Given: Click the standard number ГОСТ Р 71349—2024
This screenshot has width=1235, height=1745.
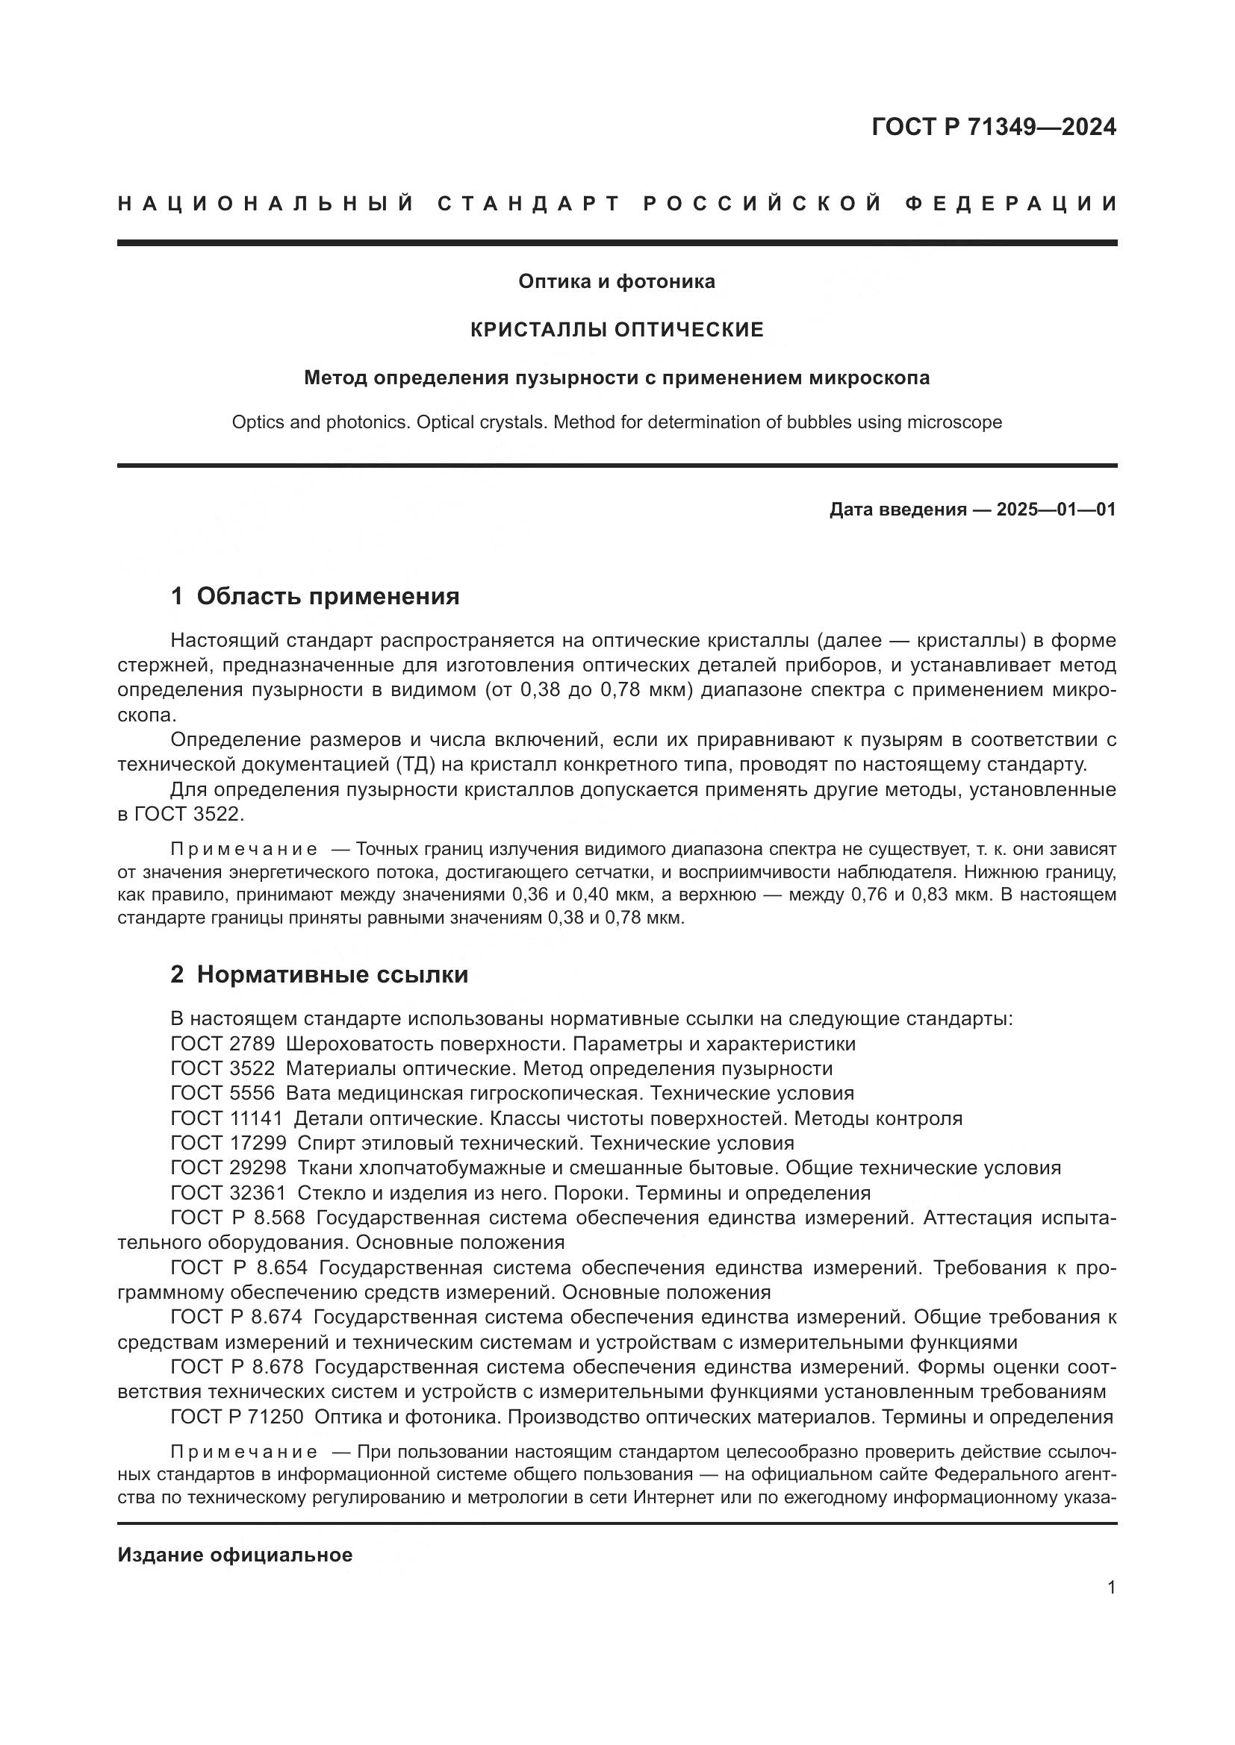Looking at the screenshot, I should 993,127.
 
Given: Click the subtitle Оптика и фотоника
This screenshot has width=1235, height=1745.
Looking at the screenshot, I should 617,282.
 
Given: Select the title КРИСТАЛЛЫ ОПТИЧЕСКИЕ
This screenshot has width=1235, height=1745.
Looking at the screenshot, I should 617,330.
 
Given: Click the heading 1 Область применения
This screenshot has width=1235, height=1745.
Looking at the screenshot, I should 315,597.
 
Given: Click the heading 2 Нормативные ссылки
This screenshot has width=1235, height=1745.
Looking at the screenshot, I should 320,975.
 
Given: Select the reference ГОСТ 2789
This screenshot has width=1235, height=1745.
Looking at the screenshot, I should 222,1044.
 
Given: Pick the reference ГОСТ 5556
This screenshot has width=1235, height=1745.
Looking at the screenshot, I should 222,1094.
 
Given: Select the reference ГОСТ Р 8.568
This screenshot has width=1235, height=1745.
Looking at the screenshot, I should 237,1218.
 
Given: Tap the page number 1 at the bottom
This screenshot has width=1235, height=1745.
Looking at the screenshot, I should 1111,1588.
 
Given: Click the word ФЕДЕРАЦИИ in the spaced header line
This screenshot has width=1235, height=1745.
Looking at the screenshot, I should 1011,204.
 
